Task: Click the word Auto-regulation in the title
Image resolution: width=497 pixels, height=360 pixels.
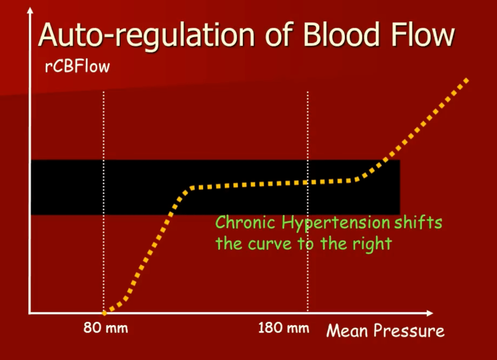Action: pos(146,36)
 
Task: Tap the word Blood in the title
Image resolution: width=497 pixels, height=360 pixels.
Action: pos(341,34)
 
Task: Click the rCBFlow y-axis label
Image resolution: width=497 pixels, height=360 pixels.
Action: pos(77,66)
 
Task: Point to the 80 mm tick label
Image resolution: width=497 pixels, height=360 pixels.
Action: pos(105,327)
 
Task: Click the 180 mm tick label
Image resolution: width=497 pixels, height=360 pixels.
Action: pos(283,327)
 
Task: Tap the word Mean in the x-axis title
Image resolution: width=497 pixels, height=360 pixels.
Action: pos(347,330)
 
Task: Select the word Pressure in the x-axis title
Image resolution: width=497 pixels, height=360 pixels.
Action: pos(409,331)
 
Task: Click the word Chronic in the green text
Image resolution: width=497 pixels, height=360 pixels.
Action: pos(245,222)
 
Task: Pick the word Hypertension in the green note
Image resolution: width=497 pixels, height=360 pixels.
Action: pos(336,223)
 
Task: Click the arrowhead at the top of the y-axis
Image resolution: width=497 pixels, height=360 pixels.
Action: pos(30,11)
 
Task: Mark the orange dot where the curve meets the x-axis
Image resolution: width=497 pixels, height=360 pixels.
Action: pos(104,313)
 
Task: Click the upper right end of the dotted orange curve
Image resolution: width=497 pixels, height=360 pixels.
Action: pos(466,80)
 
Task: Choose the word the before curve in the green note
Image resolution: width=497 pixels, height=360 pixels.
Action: pos(228,244)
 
